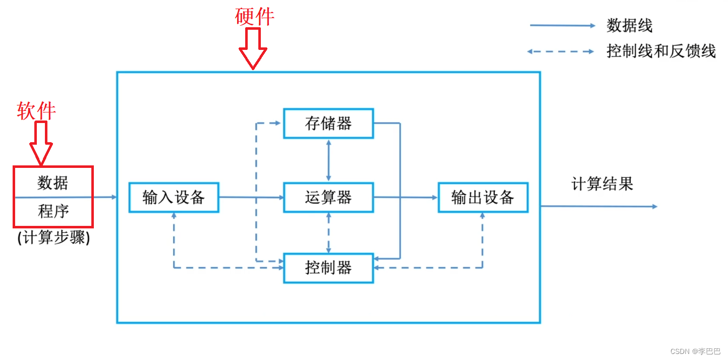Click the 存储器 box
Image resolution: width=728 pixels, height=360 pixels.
[328, 124]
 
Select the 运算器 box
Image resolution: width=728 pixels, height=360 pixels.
[328, 197]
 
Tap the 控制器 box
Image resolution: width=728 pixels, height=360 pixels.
[328, 268]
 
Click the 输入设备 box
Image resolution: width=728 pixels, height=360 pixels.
[174, 197]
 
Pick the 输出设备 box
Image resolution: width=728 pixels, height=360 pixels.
[483, 197]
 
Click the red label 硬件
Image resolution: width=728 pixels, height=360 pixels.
[255, 17]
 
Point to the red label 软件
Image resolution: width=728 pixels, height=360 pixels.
[36, 110]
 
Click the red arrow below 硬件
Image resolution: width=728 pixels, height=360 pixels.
[253, 48]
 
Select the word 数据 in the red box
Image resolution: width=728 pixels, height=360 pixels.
[52, 183]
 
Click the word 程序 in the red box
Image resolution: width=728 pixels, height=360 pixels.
[53, 211]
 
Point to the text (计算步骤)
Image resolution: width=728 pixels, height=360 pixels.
[53, 237]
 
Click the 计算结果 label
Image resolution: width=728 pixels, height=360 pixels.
[602, 184]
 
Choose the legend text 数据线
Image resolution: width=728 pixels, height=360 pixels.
[629, 25]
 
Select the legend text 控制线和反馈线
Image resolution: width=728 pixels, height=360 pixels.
[661, 51]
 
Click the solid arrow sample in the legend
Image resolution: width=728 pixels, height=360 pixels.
[562, 25]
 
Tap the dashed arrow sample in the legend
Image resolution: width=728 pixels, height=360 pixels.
[561, 51]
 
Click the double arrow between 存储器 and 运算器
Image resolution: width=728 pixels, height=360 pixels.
[329, 160]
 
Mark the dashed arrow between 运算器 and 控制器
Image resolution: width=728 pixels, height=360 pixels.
[329, 232]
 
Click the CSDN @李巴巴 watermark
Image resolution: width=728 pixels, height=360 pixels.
[695, 351]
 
